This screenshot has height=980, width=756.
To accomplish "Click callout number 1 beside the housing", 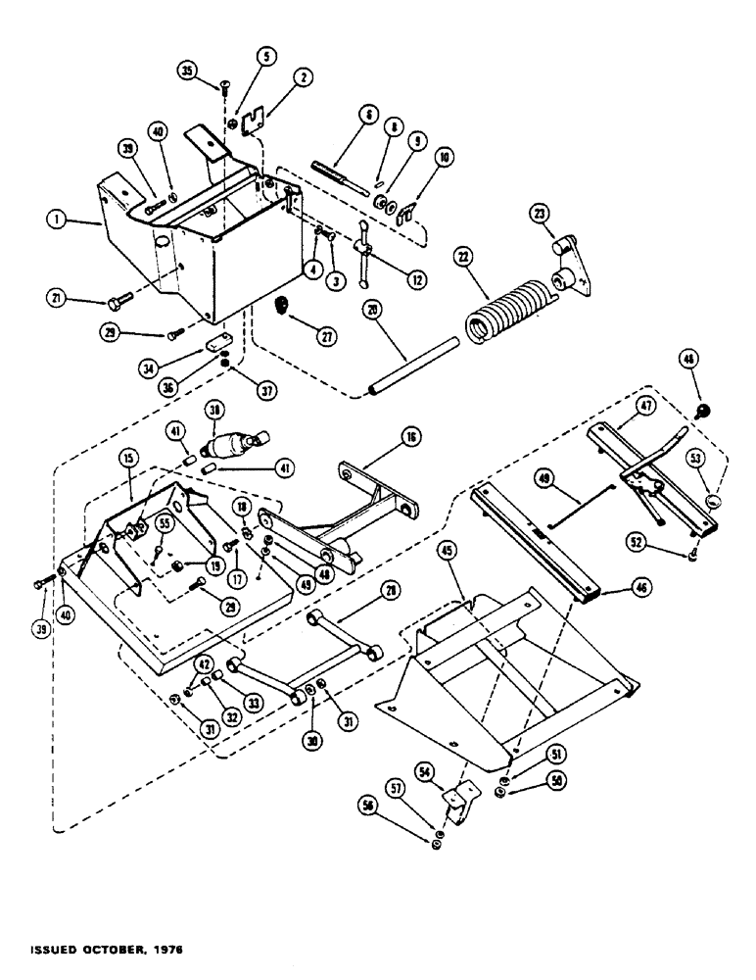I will [61, 222].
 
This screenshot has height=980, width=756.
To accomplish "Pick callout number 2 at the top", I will [278, 74].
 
